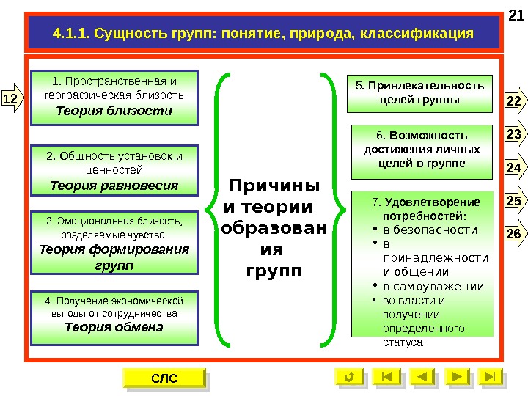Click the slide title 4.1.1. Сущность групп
click(263, 34)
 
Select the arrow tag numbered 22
click(515, 100)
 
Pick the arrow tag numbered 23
click(515, 134)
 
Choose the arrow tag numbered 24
click(515, 168)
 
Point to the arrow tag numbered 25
click(515, 201)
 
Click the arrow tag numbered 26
click(515, 234)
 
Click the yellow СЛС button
click(164, 378)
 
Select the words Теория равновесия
click(114, 186)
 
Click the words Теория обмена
click(114, 327)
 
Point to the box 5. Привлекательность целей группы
click(420, 92)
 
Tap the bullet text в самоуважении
click(431, 286)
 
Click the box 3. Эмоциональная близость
click(114, 242)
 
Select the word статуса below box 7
click(403, 342)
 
